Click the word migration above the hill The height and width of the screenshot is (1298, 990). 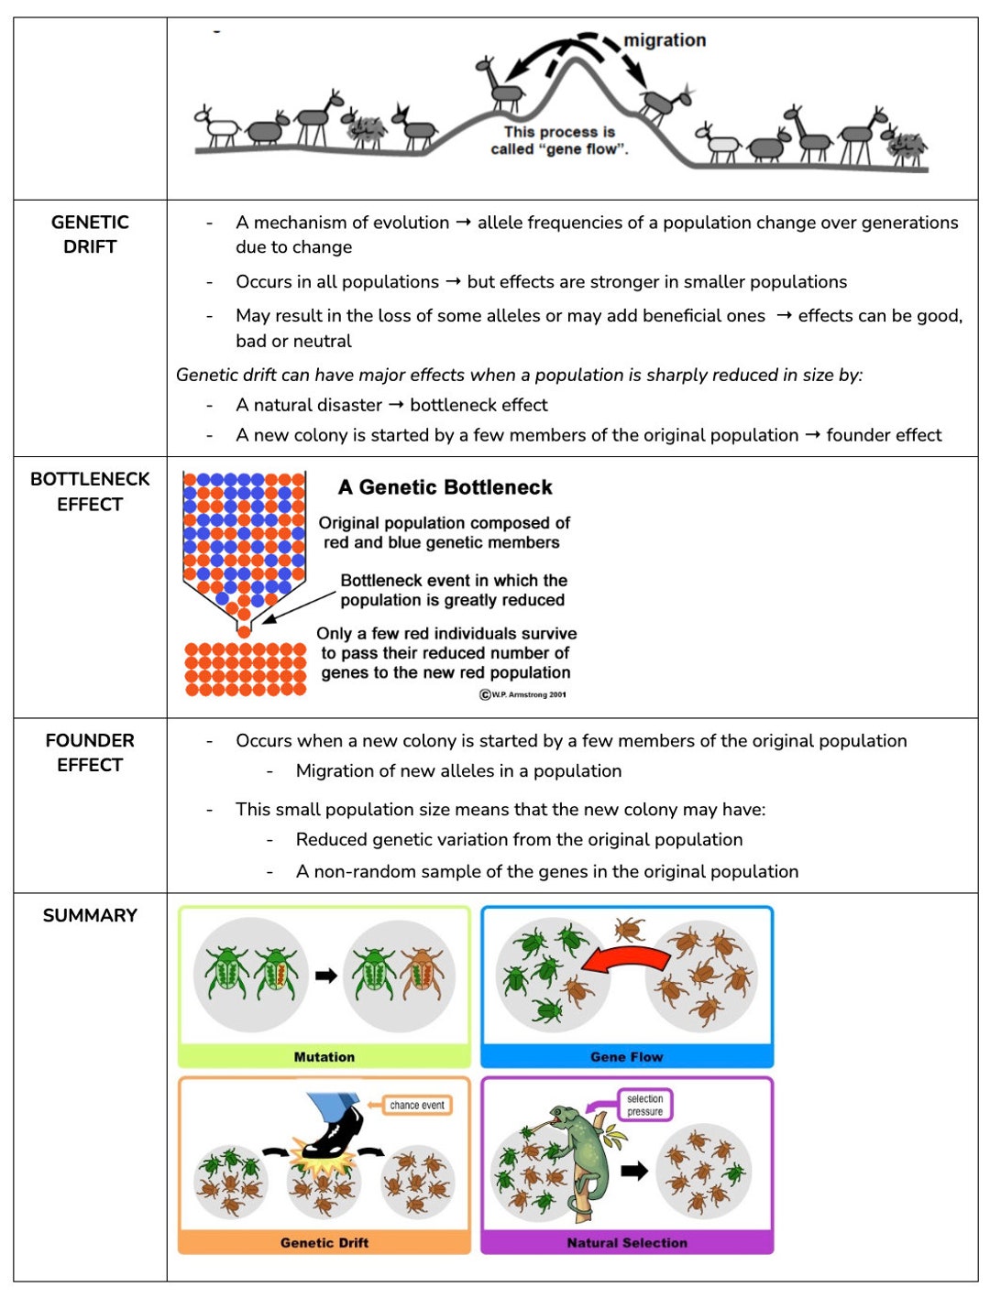[x=665, y=40]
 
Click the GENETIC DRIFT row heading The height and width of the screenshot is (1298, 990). [x=90, y=235]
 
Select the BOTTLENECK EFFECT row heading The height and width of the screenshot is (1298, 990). [x=90, y=491]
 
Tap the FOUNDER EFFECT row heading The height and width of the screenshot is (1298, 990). [x=90, y=752]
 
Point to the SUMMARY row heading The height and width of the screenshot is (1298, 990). [x=90, y=915]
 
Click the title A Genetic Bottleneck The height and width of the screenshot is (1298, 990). [x=445, y=487]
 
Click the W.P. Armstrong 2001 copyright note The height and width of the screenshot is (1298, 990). [x=523, y=694]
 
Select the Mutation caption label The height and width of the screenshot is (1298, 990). [x=324, y=1056]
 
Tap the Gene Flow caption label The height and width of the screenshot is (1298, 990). [x=626, y=1056]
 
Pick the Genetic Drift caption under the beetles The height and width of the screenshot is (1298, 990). [x=324, y=1242]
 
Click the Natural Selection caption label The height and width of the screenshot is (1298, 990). [x=626, y=1242]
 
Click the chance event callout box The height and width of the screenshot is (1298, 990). [x=417, y=1105]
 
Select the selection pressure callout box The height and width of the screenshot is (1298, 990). [x=644, y=1105]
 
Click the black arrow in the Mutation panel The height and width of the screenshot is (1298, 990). [x=325, y=976]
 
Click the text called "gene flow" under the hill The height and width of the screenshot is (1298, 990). [x=559, y=149]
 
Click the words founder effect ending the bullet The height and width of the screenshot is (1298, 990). [x=884, y=435]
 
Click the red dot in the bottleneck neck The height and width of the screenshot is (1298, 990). [x=244, y=631]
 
